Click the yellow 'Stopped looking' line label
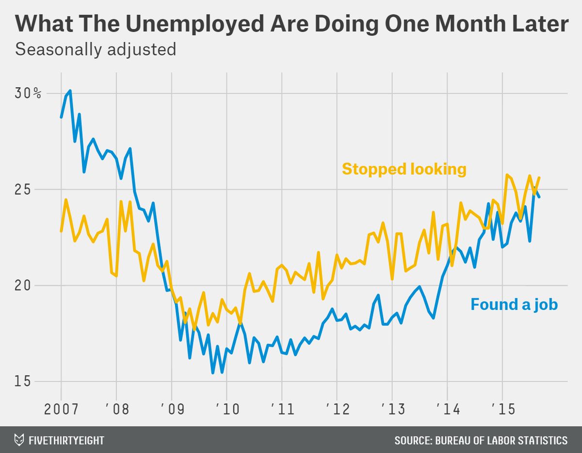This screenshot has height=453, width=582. (x=404, y=169)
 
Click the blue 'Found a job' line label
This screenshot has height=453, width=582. (x=514, y=305)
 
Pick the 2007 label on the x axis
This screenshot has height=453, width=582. (x=61, y=409)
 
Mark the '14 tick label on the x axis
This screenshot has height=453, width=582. (x=447, y=409)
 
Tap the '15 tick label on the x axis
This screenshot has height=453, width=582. (x=502, y=409)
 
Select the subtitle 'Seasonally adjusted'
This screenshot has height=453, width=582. (x=96, y=49)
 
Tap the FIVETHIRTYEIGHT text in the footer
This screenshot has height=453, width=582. (x=66, y=440)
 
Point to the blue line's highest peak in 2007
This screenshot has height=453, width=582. (x=70, y=91)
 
